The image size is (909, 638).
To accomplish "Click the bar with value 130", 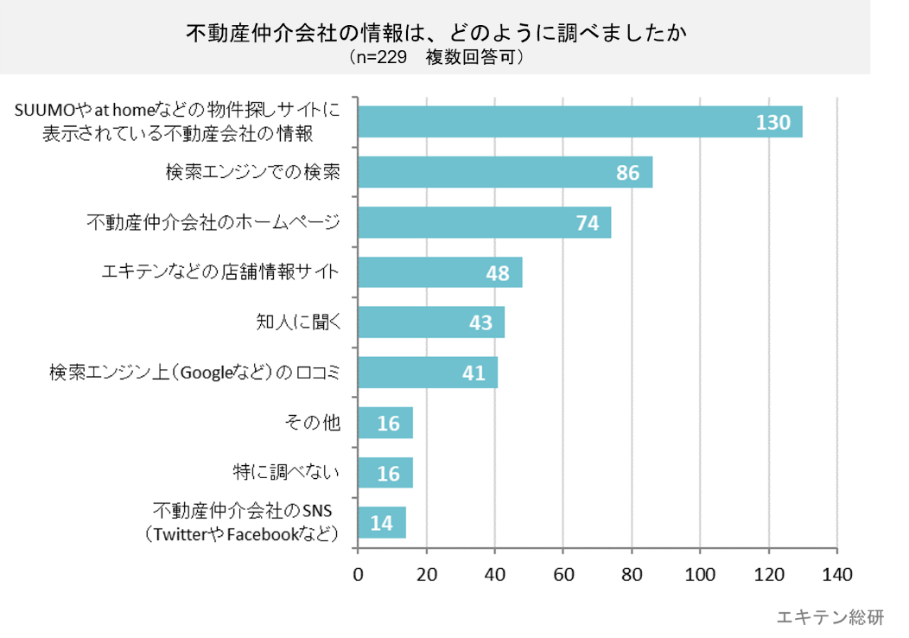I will [580, 122].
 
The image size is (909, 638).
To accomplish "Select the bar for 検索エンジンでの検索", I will [505, 172].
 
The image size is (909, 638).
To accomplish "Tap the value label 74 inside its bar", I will [588, 223].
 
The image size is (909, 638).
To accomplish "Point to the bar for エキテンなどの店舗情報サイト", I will [440, 272].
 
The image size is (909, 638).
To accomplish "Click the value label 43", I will [480, 323].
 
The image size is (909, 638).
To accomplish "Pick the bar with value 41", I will [428, 373].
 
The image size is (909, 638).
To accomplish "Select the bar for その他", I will [385, 423].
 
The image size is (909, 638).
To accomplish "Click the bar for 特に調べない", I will [385, 473].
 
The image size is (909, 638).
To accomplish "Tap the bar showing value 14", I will [382, 523].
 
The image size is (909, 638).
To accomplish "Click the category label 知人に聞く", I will [295, 322].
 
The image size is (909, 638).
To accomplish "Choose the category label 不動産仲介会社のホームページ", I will [213, 222].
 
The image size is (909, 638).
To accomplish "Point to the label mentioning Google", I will [195, 373].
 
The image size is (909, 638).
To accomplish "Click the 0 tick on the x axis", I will [359, 574].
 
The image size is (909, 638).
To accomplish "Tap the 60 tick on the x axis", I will [563, 574].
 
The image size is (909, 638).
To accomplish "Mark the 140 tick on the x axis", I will [836, 574].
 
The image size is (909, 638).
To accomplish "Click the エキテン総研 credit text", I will [830, 617].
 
